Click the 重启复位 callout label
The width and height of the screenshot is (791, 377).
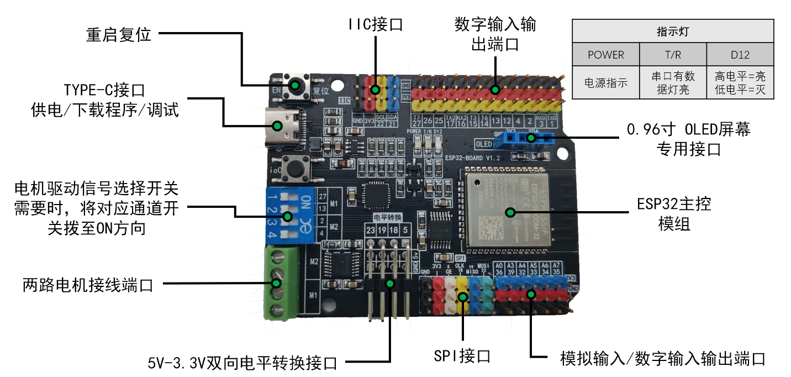coord(119,34)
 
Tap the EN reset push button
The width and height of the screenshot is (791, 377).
coord(296,86)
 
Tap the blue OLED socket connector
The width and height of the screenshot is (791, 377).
coord(522,139)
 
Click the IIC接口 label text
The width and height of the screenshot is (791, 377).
coord(375,24)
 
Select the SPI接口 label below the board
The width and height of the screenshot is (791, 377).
coord(462,356)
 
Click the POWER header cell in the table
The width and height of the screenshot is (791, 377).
coord(605,55)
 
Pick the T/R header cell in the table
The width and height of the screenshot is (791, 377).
coord(672,55)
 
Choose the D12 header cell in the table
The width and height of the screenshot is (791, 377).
coord(740,55)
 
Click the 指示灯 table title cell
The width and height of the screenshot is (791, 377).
coord(672,32)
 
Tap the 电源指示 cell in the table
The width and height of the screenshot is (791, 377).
coord(605,83)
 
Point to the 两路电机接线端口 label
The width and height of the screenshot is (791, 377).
coord(88,285)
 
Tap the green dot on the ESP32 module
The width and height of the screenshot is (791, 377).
coord(510,212)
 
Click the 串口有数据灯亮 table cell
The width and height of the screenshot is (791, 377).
coord(672,83)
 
